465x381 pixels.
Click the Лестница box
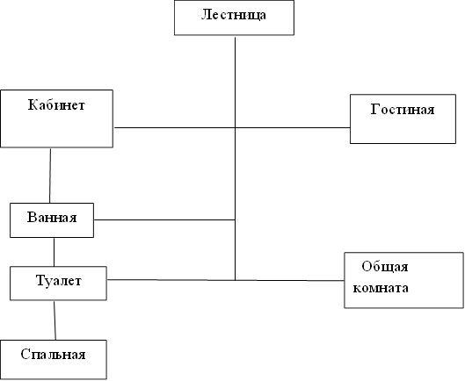pyautogui.click(x=234, y=18)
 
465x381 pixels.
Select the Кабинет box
pyautogui.click(x=56, y=119)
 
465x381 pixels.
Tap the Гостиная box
pyautogui.click(x=403, y=119)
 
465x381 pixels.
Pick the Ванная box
pyautogui.click(x=52, y=220)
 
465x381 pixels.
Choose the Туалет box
pyautogui.click(x=58, y=284)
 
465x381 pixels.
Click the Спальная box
pyautogui.click(x=54, y=360)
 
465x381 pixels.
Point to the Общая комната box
pyautogui.click(x=403, y=280)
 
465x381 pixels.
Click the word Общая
pyautogui.click(x=385, y=267)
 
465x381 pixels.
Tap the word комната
pyautogui.click(x=381, y=288)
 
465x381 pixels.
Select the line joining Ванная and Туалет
pyautogui.click(x=54, y=252)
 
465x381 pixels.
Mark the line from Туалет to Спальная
pyautogui.click(x=54, y=320)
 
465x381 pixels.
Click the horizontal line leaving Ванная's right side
pyautogui.click(x=164, y=219)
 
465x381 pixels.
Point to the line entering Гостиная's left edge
pyautogui.click(x=293, y=127)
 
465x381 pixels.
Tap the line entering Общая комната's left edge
pyautogui.click(x=290, y=280)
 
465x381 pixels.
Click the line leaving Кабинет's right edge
pyautogui.click(x=174, y=127)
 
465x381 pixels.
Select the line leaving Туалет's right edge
pyautogui.click(x=171, y=280)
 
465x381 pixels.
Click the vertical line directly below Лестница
pyautogui.click(x=236, y=159)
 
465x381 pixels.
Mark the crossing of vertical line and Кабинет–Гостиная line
pyautogui.click(x=236, y=127)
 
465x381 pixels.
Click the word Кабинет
pyautogui.click(x=56, y=105)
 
